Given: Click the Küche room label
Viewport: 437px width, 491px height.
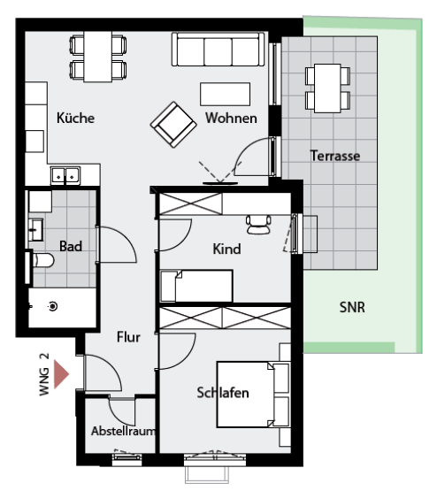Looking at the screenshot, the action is (75, 118).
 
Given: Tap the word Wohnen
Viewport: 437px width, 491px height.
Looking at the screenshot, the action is (231, 118).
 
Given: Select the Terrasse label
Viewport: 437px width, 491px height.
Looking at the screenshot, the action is (335, 156).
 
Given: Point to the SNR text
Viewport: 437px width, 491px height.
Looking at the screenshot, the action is (352, 307).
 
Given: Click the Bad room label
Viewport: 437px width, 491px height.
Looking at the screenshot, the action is (71, 246).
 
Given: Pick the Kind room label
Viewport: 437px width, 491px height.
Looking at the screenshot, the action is (227, 249).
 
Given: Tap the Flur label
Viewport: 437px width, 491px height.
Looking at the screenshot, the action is (128, 337).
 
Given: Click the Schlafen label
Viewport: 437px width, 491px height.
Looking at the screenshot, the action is (223, 393).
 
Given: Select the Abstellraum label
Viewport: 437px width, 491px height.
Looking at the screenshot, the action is (123, 431).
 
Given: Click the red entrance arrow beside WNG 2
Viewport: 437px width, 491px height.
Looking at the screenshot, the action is (61, 374).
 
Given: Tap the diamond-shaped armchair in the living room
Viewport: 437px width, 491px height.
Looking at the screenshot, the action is (173, 125).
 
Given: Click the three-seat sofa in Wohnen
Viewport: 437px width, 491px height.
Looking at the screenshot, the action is (218, 50).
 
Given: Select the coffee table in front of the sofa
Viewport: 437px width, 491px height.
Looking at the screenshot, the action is (225, 94).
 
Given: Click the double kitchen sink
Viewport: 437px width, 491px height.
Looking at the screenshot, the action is (65, 176).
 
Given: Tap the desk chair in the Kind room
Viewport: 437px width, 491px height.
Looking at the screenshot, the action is (258, 225).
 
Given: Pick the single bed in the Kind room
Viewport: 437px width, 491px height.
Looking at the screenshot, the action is (196, 286).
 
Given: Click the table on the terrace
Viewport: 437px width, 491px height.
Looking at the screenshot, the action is (327, 88).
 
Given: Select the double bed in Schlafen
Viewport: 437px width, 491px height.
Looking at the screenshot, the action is (253, 395).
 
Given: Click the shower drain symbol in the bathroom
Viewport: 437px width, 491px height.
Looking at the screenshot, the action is (53, 306).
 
